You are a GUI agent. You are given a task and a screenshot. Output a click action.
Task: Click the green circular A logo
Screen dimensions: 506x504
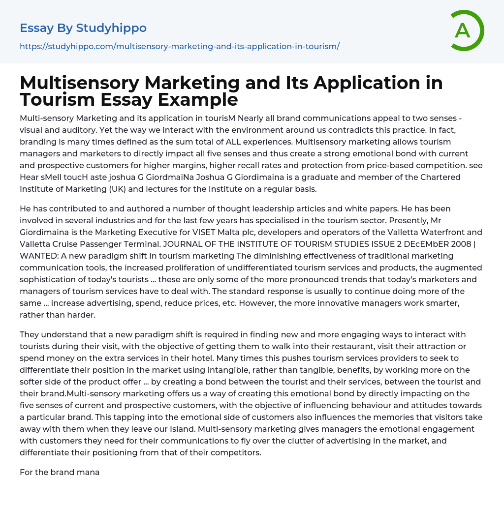click(x=467, y=30)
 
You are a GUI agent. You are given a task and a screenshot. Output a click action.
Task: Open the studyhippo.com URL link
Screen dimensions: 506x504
click(x=180, y=46)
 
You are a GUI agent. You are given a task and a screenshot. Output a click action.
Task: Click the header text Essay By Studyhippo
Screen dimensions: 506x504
click(x=83, y=28)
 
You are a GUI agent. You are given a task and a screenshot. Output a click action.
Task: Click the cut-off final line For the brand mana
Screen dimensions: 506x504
click(x=60, y=472)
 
